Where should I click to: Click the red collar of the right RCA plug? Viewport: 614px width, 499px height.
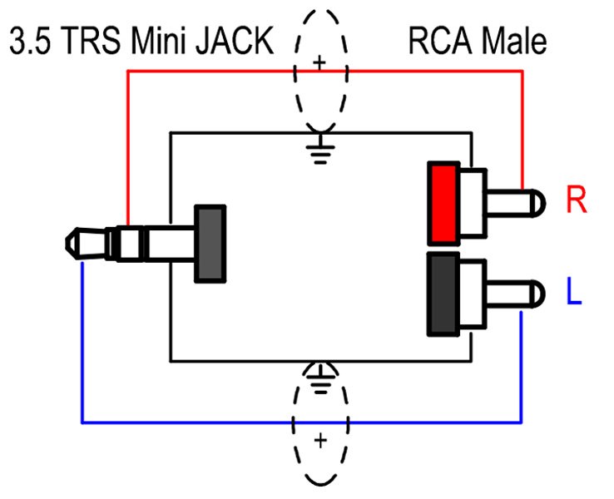click(x=443, y=202)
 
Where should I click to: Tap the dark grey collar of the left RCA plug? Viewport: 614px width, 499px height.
click(x=443, y=294)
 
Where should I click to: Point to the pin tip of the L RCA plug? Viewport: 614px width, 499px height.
click(x=538, y=292)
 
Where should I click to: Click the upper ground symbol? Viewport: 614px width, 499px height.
click(x=319, y=151)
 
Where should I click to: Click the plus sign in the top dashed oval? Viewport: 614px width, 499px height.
click(x=319, y=62)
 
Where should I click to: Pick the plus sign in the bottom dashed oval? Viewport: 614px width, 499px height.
click(x=319, y=441)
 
